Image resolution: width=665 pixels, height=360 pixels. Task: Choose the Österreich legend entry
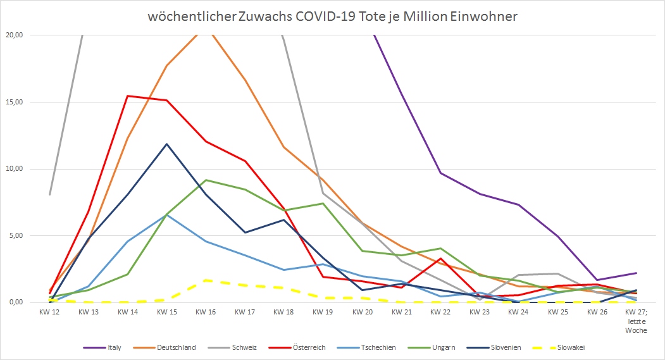point(305,347)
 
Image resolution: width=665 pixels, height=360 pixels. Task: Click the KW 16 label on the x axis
point(206,312)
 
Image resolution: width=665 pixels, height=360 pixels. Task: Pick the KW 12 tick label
point(49,312)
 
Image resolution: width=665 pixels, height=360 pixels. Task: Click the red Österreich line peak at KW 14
point(128,96)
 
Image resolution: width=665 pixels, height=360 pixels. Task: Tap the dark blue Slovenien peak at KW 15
point(167,144)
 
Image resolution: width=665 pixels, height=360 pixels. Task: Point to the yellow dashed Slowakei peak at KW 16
point(206,280)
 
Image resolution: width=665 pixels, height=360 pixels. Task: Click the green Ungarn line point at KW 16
point(206,180)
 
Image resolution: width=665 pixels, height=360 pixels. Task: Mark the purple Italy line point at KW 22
point(441,173)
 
